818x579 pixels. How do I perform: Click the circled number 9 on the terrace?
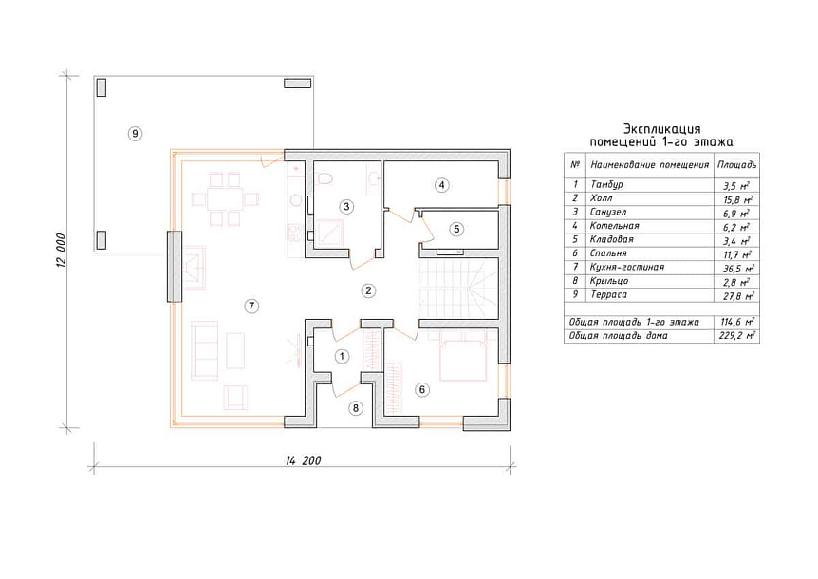[x=135, y=134]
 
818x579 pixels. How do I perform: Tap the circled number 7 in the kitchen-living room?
[x=251, y=306]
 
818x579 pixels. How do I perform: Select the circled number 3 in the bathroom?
[x=346, y=207]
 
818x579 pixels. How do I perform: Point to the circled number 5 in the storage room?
[x=456, y=229]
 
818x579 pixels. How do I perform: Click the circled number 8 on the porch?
[x=356, y=408]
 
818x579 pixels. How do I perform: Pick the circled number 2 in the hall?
[x=368, y=290]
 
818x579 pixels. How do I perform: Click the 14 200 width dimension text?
[x=303, y=460]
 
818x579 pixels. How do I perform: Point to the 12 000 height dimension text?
[x=60, y=250]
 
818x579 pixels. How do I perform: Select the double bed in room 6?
[x=463, y=358]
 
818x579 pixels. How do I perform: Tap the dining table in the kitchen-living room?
[x=225, y=199]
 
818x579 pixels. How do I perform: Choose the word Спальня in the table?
[x=608, y=253]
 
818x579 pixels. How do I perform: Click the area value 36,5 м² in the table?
[x=736, y=268]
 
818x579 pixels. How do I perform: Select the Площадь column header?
[x=736, y=165]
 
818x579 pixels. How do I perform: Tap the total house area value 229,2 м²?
[x=736, y=335]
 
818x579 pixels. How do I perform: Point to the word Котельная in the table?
[x=615, y=226]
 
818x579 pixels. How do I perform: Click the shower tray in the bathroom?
[x=329, y=233]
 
